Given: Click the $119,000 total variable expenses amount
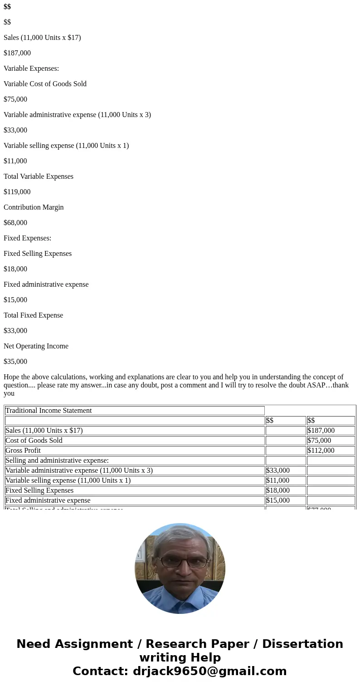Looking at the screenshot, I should pyautogui.click(x=17, y=192).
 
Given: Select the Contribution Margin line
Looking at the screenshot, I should pyautogui.click(x=34, y=207).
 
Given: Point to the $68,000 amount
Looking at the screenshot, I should pyautogui.click(x=15, y=223).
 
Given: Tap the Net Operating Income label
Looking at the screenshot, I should pyautogui.click(x=36, y=346).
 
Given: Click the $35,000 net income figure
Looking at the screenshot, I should pyautogui.click(x=15, y=362).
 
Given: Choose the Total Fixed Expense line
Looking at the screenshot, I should pyautogui.click(x=33, y=315).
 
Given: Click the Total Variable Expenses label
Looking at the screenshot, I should pyautogui.click(x=39, y=176).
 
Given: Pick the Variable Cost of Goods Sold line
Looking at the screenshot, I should pyautogui.click(x=45, y=84).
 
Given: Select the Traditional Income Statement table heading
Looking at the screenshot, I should pyautogui.click(x=49, y=411).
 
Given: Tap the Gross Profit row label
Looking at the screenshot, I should pyautogui.click(x=23, y=451).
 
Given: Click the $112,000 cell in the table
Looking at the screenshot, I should pyautogui.click(x=321, y=451).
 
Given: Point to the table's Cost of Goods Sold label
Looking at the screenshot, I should pyautogui.click(x=34, y=441).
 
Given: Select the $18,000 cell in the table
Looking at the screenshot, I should pyautogui.click(x=278, y=490).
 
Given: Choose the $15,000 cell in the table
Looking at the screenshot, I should pyautogui.click(x=278, y=500).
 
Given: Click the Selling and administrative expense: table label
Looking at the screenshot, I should pyautogui.click(x=57, y=461).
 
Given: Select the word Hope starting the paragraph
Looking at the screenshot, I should pyautogui.click(x=12, y=377).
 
